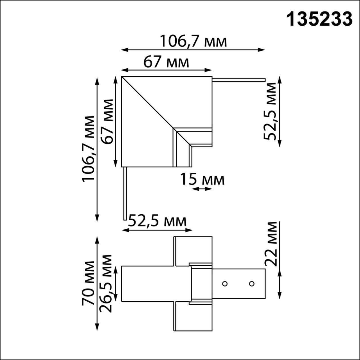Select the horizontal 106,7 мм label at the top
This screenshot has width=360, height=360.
(x=193, y=41)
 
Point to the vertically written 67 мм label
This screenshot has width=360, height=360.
(x=108, y=121)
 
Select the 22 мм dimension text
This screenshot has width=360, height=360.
(x=271, y=244)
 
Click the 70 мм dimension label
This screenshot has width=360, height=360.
(x=88, y=283)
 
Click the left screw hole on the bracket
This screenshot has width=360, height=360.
(x=225, y=283)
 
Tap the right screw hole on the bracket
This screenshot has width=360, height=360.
(x=252, y=283)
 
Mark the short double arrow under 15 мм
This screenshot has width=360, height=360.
(x=202, y=189)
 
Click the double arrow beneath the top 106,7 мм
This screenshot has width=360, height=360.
(x=193, y=50)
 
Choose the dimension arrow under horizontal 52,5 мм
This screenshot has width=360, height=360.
(x=157, y=230)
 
